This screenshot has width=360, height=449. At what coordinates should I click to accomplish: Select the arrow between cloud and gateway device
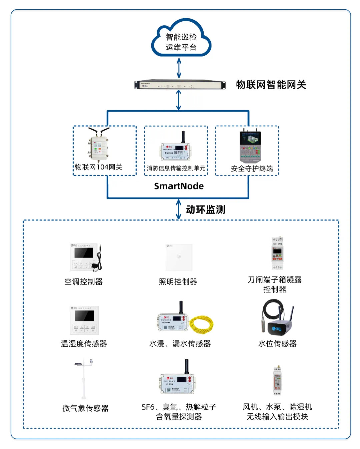click(x=179, y=68)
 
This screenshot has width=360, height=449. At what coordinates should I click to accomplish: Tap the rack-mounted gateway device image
click(x=180, y=85)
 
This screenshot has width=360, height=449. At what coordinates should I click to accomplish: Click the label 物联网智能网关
click(x=271, y=85)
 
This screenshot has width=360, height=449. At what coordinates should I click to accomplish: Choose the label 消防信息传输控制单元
click(x=176, y=168)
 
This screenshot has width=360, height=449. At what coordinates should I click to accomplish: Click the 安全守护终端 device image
click(x=250, y=147)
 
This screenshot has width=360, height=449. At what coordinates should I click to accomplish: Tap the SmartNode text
click(x=179, y=186)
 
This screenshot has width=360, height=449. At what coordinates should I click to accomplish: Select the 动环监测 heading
click(x=205, y=210)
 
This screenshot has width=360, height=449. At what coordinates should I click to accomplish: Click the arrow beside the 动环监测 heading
click(x=179, y=209)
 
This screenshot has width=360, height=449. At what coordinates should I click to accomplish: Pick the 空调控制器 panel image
click(x=85, y=257)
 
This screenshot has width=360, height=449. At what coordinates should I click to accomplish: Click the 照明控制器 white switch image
click(x=179, y=257)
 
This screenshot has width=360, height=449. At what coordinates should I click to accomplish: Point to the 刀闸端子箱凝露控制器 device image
click(x=277, y=253)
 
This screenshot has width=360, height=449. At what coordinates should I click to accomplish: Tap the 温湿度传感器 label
click(x=84, y=343)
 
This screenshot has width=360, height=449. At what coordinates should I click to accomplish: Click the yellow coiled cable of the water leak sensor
click(x=201, y=324)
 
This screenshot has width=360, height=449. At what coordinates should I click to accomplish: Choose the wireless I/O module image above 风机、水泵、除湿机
click(x=277, y=381)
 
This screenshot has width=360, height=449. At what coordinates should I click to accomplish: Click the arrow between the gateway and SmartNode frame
click(x=179, y=100)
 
